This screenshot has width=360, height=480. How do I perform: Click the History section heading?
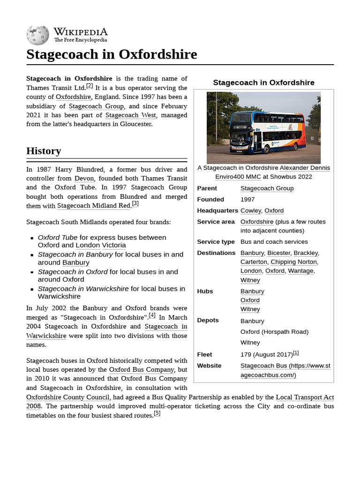click(44, 151)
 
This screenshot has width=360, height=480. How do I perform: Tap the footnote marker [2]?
click(90, 86)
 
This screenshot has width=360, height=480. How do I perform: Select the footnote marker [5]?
click(157, 413)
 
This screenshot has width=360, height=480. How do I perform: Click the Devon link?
click(84, 179)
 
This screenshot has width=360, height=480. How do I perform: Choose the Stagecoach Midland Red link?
click(94, 206)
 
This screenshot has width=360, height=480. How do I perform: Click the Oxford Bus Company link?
click(142, 370)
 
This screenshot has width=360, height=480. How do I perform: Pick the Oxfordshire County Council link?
click(67, 397)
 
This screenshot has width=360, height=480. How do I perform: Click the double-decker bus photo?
click(263, 127)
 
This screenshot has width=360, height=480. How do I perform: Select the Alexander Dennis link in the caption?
click(305, 168)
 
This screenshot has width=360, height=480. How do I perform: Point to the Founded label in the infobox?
click(210, 199)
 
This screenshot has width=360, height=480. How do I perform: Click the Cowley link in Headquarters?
click(250, 210)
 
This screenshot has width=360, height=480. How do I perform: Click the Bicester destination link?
click(278, 253)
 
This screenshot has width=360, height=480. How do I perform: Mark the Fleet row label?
click(204, 354)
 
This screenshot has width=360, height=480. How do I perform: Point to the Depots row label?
click(208, 320)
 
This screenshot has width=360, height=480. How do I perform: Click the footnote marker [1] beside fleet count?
click(296, 353)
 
